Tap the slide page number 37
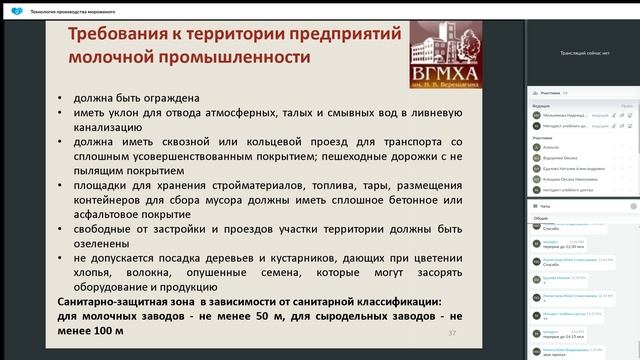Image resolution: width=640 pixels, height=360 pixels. (x=452, y=333)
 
